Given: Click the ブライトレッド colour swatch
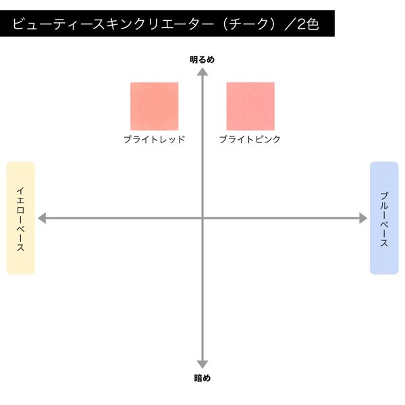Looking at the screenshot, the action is coord(154,107).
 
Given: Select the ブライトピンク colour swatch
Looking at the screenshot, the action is coord(250,107).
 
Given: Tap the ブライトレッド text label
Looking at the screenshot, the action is coord(155,140).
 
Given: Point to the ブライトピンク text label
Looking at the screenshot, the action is coord(250,140).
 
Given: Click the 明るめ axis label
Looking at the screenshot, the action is coord(202,59).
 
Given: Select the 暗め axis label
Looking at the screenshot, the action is coord(202,378).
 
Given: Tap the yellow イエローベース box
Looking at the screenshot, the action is coord(21,218).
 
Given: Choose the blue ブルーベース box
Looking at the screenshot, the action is coord(384,218).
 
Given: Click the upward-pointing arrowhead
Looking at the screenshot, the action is coord(202,72).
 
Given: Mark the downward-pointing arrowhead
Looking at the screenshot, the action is coord(202,364).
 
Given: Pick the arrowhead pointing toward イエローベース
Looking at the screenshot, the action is coord(42,218).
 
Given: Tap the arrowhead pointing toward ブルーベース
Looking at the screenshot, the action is coord(363,218).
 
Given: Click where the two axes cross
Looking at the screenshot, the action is coord(202,218).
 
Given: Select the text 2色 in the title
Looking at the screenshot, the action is coord(308,24).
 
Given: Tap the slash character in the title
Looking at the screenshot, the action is coord(290,24).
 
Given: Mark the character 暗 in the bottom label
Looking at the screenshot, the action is coord(198,378).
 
